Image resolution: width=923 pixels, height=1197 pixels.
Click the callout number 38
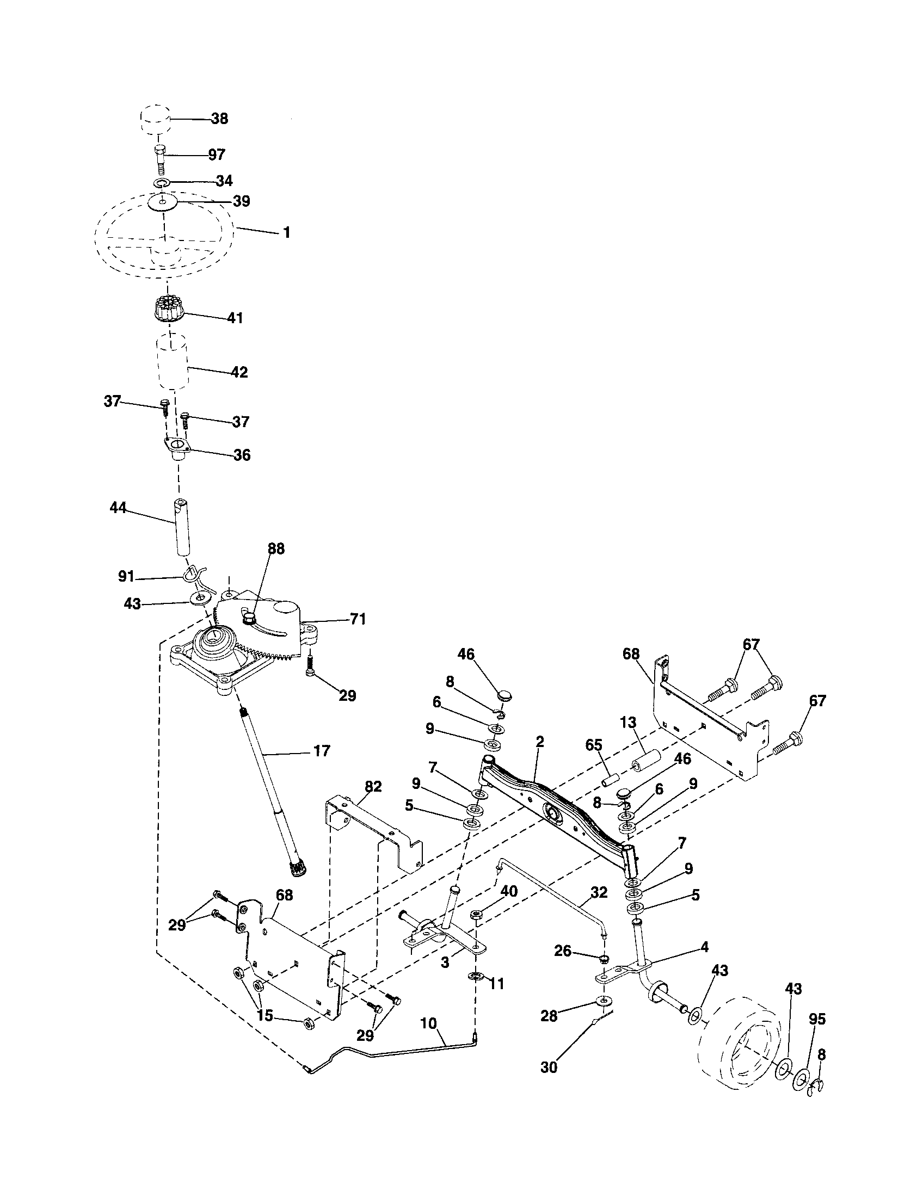[x=219, y=119]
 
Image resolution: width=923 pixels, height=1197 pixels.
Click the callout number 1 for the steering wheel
[x=286, y=233]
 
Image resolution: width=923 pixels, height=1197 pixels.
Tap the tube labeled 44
[x=181, y=527]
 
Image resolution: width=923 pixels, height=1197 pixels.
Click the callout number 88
[x=276, y=549]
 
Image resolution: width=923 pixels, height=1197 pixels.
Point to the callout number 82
[x=373, y=787]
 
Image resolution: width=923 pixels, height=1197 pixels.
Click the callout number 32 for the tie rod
[x=599, y=892]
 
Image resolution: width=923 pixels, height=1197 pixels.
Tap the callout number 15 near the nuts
[x=264, y=1015]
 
